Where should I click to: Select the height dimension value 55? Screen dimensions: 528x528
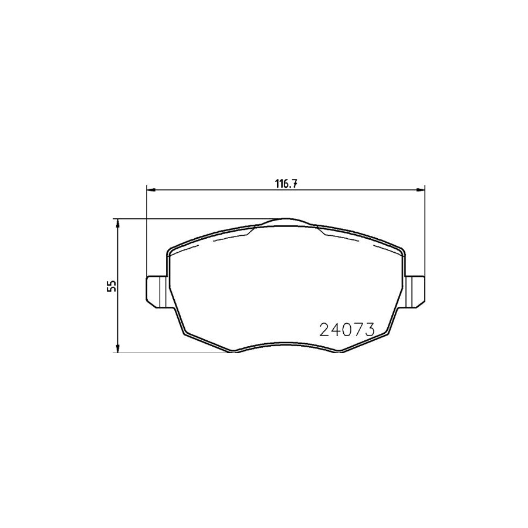(x=111, y=286)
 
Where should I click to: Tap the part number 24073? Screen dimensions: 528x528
(x=347, y=330)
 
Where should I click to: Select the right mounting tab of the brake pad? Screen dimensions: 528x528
(x=415, y=290)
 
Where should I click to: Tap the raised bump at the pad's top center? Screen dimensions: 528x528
(x=285, y=222)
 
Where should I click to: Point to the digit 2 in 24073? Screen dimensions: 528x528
(x=324, y=330)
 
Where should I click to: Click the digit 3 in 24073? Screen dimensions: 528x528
(x=370, y=330)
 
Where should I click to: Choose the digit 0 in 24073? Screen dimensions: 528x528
(x=347, y=330)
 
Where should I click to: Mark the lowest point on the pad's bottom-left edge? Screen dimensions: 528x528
(x=235, y=353)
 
